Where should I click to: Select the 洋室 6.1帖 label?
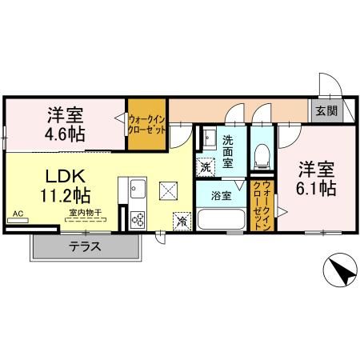click(x=317, y=179)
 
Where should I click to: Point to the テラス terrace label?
click(x=84, y=247)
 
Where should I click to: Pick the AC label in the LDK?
click(x=18, y=214)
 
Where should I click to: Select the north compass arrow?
click(x=341, y=271)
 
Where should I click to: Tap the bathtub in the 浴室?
click(x=221, y=218)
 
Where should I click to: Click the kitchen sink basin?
click(x=133, y=189)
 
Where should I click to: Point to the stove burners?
click(x=137, y=218)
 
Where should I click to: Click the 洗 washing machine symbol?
click(x=207, y=168)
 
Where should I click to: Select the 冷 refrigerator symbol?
click(x=182, y=220)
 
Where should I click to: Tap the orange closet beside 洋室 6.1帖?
click(x=263, y=206)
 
